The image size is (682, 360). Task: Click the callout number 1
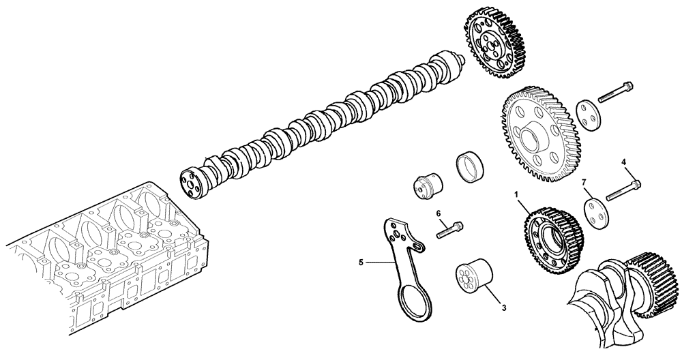click(x=518, y=195)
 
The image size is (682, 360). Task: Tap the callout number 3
click(x=503, y=307)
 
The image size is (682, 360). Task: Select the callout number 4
click(x=623, y=162)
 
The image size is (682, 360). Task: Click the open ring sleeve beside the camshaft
click(x=470, y=166)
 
